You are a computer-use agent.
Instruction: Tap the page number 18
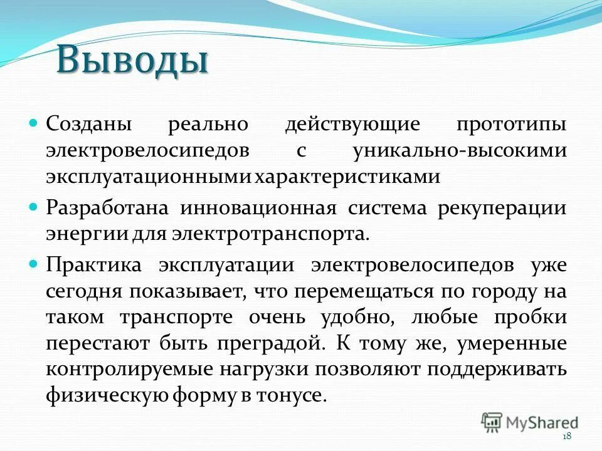[x=568, y=436]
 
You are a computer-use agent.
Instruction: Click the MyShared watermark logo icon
[x=492, y=422]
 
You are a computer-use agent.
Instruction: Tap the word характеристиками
[x=347, y=177]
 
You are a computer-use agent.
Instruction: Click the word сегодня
[x=83, y=291]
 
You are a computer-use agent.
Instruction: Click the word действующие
[x=343, y=123]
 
